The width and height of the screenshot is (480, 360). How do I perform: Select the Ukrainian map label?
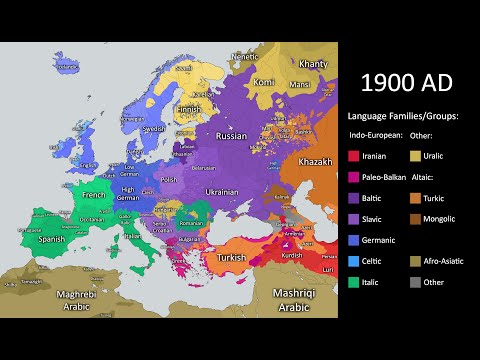221,189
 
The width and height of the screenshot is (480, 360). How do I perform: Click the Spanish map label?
51,240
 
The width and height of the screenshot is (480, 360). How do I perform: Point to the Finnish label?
190,109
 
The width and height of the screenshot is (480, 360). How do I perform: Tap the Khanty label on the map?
314,64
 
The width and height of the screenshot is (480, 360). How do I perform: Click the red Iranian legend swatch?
354,156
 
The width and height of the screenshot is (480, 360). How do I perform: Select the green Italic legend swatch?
354,282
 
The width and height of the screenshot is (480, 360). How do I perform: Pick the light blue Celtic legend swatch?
354,261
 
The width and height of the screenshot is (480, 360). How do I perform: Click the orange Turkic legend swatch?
417,198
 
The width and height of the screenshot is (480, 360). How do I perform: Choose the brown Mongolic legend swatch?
417,219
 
